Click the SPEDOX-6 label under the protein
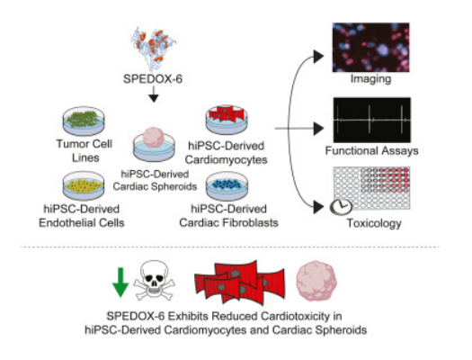pos(153,79)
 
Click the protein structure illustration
pos(154,49)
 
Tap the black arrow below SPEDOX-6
pos(154,94)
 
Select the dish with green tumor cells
pos(84,121)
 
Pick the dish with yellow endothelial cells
pos(84,186)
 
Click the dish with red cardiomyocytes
pos(227,120)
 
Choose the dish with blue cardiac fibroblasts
pos(227,186)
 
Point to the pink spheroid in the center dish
pos(154,138)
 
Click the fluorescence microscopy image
pos(370,48)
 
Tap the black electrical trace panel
pos(372,120)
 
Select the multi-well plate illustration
pos(372,188)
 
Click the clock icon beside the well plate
pos(341,207)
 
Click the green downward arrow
pos(120,283)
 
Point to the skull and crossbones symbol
pos(154,281)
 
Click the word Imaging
pos(370,79)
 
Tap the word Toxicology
pos(374,223)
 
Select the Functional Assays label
pos(372,150)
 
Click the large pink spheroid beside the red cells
pos(316,281)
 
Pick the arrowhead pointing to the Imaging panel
pos(318,57)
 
